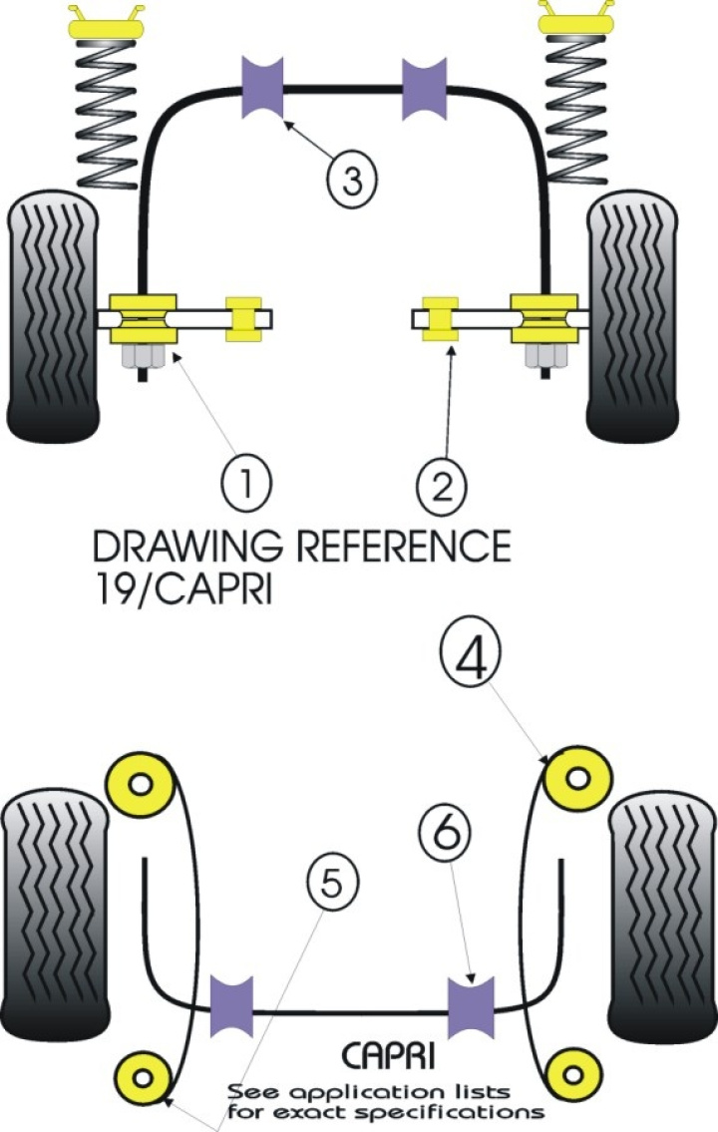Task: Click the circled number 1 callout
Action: click(x=242, y=485)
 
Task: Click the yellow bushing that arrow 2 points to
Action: click(x=440, y=318)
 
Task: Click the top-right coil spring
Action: click(x=576, y=110)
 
